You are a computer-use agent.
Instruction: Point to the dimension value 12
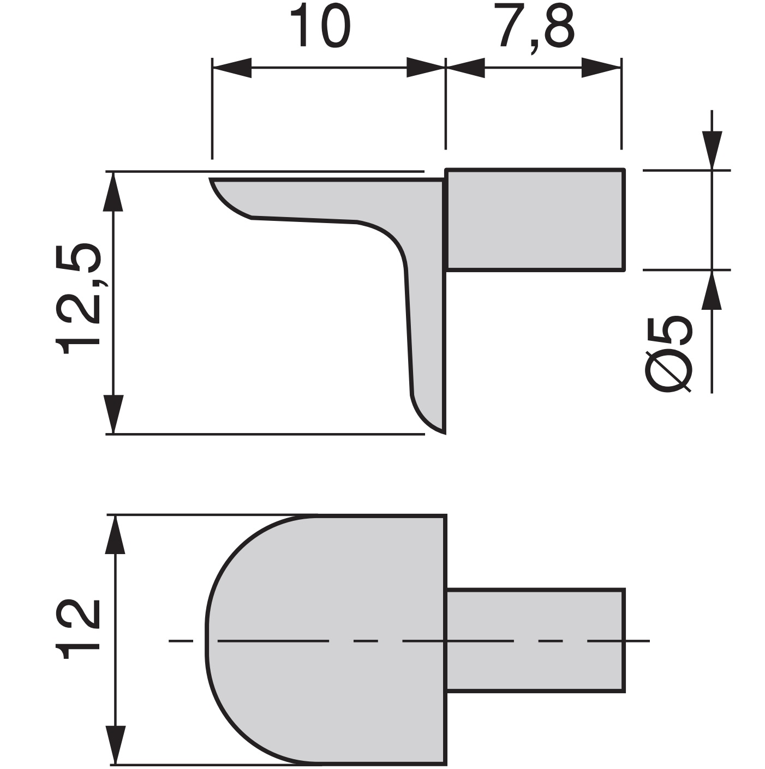click(x=80, y=629)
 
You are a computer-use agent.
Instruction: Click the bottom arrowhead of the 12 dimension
click(x=115, y=745)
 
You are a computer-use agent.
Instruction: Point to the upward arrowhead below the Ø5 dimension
click(x=712, y=290)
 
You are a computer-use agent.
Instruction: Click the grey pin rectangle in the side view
click(x=535, y=220)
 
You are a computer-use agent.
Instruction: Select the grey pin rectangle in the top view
click(x=535, y=640)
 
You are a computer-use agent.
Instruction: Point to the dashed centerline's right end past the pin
click(x=647, y=640)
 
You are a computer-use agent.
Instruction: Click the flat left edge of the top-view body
click(x=207, y=640)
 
